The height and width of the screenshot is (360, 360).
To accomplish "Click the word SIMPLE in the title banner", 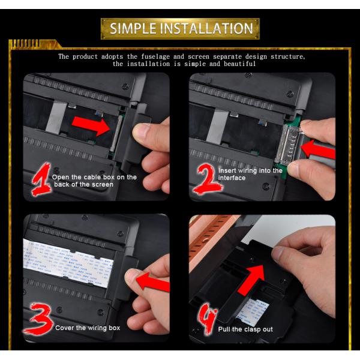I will point(136,28).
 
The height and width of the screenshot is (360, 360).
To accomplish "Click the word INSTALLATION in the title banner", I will point(208,28).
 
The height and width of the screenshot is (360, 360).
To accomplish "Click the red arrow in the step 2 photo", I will point(319,151).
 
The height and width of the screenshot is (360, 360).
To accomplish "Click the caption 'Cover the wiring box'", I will point(88,328).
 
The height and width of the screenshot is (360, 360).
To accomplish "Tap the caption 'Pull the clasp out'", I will point(246,329).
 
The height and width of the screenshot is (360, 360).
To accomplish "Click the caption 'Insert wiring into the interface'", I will point(250,174).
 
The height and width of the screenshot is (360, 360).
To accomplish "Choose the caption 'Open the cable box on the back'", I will point(94,181).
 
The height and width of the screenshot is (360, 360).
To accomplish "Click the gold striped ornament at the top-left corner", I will point(24,44).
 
